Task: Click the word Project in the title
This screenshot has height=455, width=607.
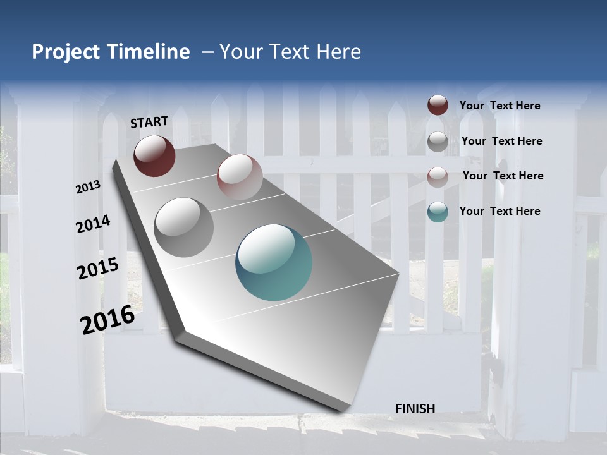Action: tap(66, 52)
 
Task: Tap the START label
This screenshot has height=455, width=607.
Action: tap(149, 122)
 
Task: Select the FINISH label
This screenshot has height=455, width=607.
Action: tap(415, 409)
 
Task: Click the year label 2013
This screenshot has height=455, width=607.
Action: tap(88, 187)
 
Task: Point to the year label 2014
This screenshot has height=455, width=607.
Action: tap(93, 224)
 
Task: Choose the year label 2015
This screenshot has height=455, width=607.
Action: tap(98, 269)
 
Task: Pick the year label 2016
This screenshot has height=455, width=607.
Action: tap(107, 320)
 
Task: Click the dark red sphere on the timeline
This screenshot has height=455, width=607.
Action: tap(154, 155)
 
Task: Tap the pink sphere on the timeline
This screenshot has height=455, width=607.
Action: tap(240, 177)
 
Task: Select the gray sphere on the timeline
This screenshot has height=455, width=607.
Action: tap(184, 227)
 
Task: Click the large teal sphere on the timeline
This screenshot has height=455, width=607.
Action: tap(274, 262)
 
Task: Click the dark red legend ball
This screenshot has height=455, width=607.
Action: tap(438, 105)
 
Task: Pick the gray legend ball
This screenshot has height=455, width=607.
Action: tap(438, 141)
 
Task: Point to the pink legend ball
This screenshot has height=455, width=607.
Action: tap(438, 176)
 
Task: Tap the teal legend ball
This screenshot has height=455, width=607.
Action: tap(438, 212)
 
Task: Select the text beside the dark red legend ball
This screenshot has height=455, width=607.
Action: tap(500, 106)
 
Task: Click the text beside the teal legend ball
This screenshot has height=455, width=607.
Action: tap(500, 211)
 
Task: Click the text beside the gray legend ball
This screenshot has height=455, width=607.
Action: tap(501, 141)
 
